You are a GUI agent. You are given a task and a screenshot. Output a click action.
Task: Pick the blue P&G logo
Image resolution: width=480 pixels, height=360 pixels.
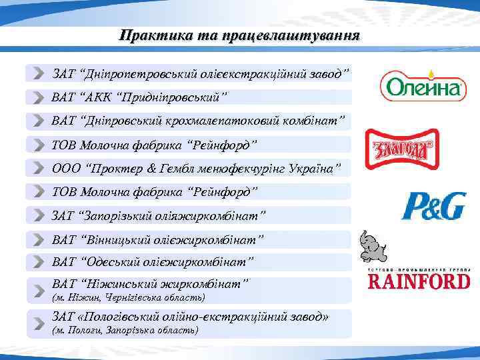pyautogui.click(x=433, y=207)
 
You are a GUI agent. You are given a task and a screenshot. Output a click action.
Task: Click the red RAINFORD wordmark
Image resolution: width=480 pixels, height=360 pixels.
pyautogui.click(x=419, y=281)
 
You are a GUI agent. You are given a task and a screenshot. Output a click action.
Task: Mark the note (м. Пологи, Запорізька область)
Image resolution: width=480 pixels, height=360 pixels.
pyautogui.click(x=125, y=331)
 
